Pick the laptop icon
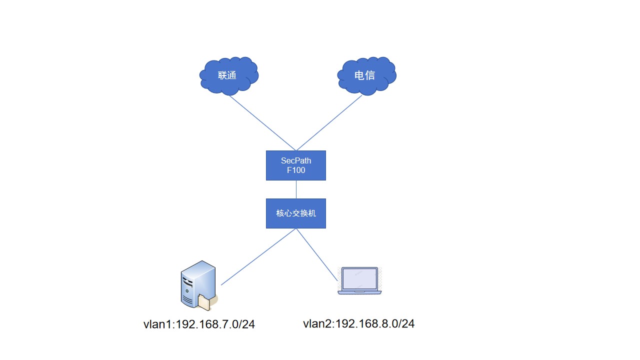tap(359, 280)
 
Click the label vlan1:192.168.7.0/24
tap(199, 324)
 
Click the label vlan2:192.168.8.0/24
tap(358, 324)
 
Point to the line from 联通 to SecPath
tap(262, 122)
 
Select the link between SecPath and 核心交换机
tap(296, 189)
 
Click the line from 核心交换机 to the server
tap(258, 257)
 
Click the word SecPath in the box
tap(295, 161)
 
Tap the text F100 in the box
tap(295, 170)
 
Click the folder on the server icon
tap(206, 301)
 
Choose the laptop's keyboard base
tap(359, 292)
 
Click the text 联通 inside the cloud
tap(227, 75)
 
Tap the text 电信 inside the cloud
tap(364, 75)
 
